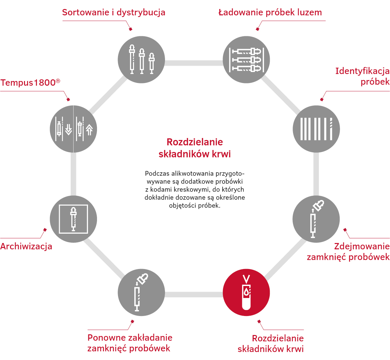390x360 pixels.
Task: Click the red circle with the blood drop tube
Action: (x=246, y=292)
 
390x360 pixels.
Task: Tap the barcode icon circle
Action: (x=316, y=129)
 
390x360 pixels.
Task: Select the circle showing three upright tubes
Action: (x=141, y=60)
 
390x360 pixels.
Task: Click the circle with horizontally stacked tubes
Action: (x=246, y=60)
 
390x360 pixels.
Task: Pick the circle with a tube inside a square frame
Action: (x=73, y=219)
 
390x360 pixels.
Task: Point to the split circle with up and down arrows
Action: (x=73, y=129)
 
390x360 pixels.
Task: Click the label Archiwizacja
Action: (x=26, y=246)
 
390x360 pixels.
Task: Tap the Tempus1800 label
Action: (x=30, y=83)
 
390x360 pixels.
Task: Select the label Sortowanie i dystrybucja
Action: (x=114, y=12)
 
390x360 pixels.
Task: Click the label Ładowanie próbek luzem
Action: (x=270, y=12)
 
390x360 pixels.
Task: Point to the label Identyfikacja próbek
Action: (x=362, y=76)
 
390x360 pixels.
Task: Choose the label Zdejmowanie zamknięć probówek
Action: (x=348, y=251)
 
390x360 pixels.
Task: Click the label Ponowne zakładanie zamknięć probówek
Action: (x=130, y=343)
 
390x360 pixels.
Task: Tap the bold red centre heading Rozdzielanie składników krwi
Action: (x=195, y=148)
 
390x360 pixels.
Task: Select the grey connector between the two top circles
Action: (x=194, y=63)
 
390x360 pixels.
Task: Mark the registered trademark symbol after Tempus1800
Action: (x=58, y=81)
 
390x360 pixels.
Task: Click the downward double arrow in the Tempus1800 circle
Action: (x=68, y=129)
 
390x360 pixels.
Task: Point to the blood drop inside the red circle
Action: (x=246, y=292)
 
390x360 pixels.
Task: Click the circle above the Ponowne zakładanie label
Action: (x=141, y=292)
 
